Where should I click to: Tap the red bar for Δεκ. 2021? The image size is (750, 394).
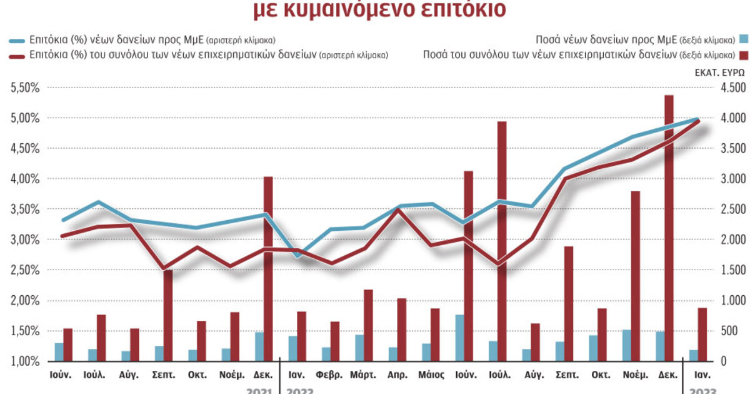[x=268, y=269]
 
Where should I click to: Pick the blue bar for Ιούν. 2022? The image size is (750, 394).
[x=459, y=338]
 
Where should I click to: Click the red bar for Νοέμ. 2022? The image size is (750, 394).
[x=635, y=276]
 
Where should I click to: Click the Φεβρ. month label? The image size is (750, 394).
[x=329, y=376]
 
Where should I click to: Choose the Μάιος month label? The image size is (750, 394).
[x=429, y=376]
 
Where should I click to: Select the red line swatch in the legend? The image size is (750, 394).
[x=17, y=54]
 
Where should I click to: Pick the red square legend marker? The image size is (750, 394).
[x=742, y=54]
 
